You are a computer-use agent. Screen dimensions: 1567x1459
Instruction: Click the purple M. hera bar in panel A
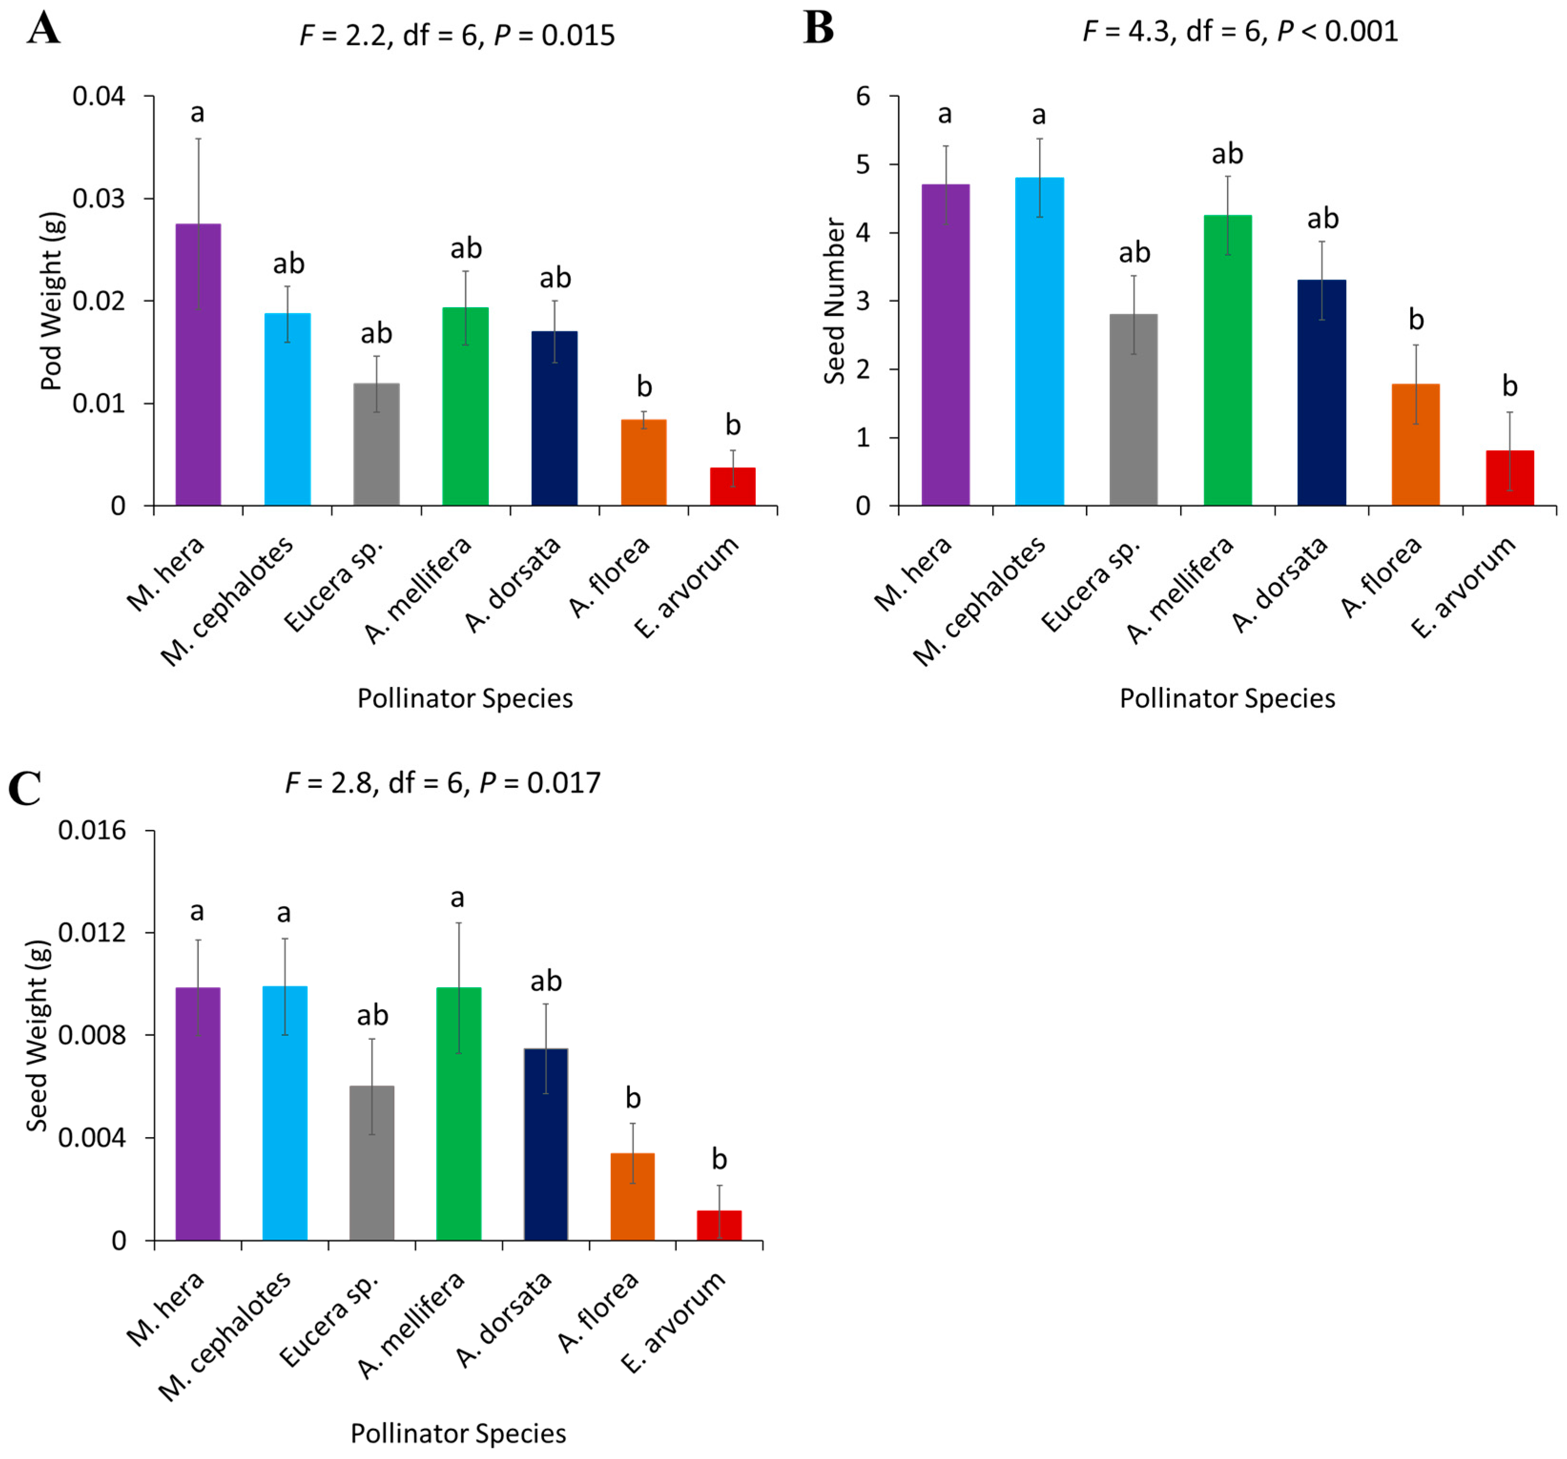198,364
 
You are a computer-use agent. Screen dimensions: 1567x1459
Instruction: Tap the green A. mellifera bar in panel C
459,1114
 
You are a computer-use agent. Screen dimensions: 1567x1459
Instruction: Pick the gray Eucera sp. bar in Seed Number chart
1134,410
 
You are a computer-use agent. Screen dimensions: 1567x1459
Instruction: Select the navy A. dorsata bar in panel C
546,1145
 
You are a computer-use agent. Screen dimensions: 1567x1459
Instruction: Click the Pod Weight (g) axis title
52,301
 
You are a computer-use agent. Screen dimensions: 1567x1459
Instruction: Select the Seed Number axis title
834,301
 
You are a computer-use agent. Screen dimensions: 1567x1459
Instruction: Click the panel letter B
818,28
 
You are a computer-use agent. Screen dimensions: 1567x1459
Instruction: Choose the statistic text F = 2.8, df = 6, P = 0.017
443,783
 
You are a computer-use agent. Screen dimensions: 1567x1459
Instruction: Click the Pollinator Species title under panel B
1227,698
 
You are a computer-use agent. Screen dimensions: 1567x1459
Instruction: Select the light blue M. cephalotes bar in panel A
287,409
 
